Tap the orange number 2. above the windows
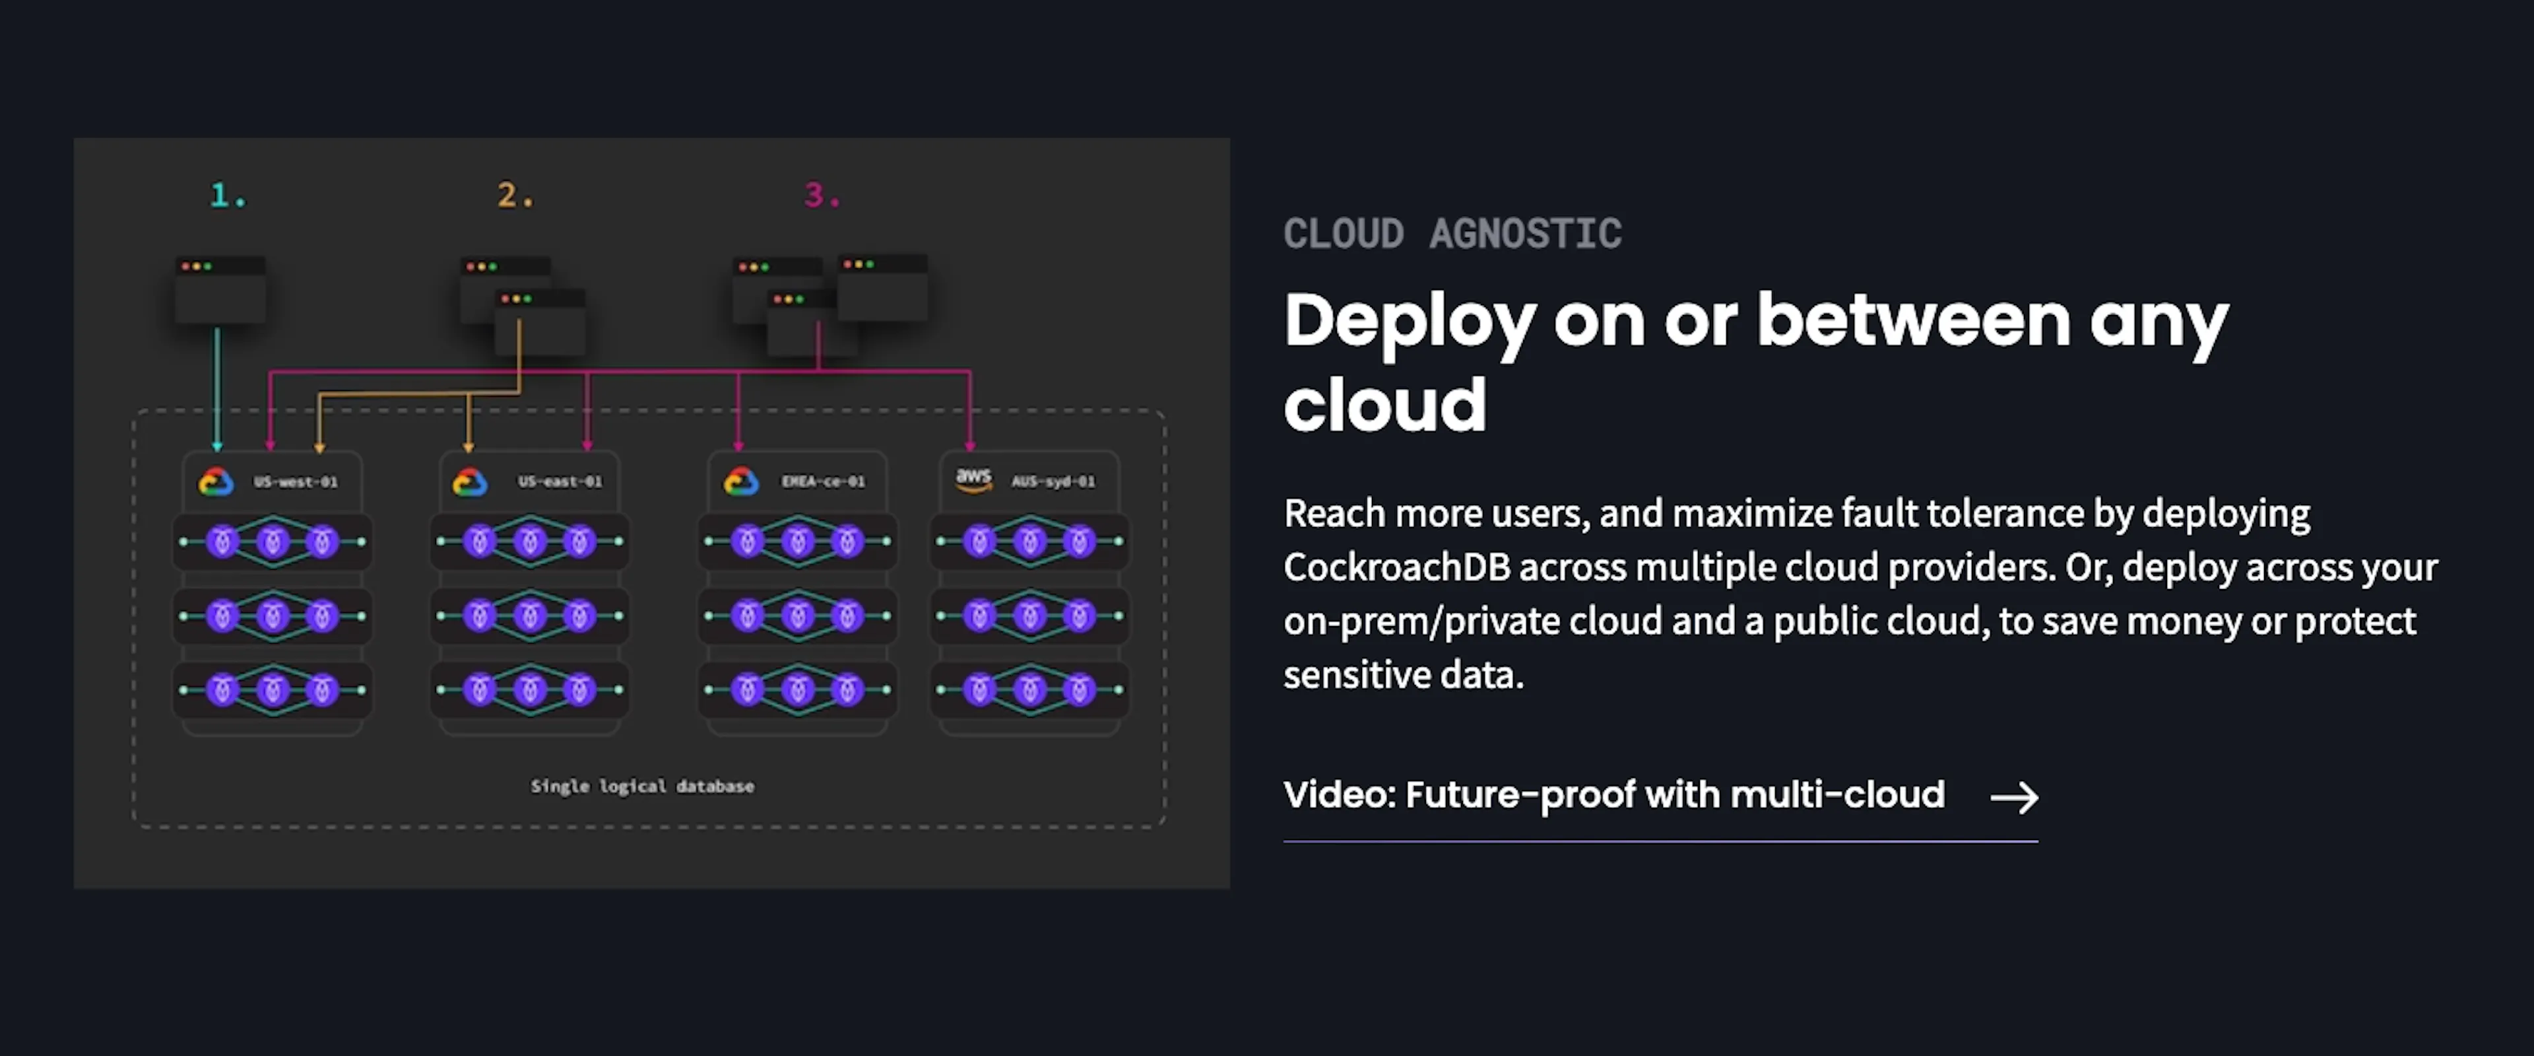pos(515,195)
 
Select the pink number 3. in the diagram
pos(822,195)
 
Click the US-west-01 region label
pos(295,481)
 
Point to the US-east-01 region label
pos(560,481)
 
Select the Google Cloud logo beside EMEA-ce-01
pos(740,481)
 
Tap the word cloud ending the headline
pos(1385,404)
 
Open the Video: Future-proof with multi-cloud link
pos(1614,794)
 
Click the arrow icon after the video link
pos(2013,797)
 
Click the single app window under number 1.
pos(220,291)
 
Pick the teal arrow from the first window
pos(217,389)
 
